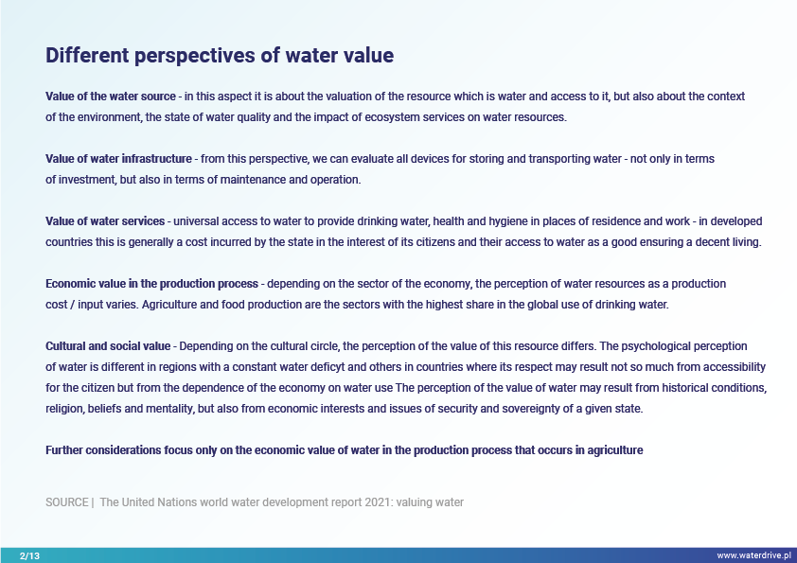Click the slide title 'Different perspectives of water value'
click(220, 56)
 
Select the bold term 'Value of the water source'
click(111, 97)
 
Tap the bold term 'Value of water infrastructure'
click(118, 159)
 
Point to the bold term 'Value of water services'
click(105, 221)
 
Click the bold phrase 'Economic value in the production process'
click(152, 284)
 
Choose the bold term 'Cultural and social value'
click(108, 346)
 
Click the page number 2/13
click(29, 555)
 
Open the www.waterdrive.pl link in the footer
click(753, 555)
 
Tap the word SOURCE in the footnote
click(67, 502)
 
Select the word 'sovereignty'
click(531, 409)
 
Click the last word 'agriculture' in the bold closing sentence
click(615, 450)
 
